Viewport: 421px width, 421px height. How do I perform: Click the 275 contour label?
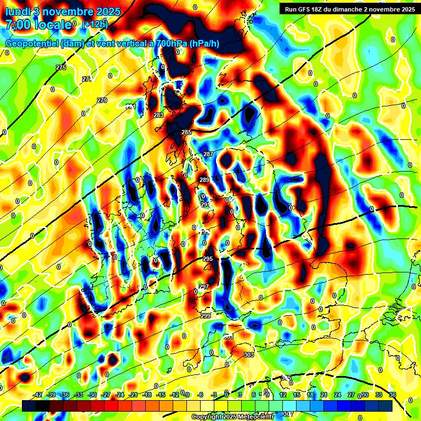tap(61, 67)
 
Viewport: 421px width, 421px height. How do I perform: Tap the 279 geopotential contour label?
tap(102, 100)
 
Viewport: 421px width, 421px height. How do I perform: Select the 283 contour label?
tap(158, 115)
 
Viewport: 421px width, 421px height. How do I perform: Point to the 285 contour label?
tap(186, 132)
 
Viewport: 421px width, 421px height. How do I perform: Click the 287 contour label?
tap(208, 155)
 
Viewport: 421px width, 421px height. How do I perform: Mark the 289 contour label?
tap(204, 180)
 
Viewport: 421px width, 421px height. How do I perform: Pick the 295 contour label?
tap(208, 259)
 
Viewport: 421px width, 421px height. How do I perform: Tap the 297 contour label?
tap(203, 287)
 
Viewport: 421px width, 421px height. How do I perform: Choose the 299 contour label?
tap(206, 316)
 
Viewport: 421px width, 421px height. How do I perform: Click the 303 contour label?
tap(248, 355)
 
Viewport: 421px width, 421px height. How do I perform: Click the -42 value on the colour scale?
tap(38, 395)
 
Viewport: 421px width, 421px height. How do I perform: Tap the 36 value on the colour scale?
tap(392, 395)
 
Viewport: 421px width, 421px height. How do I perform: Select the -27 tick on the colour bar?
tap(106, 395)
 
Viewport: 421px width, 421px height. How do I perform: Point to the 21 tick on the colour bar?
tap(324, 395)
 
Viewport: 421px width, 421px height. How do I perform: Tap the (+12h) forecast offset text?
tap(95, 25)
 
